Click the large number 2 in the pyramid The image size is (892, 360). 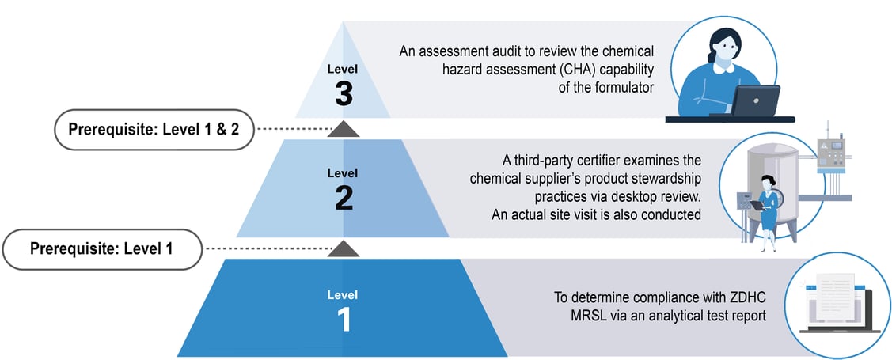coord(343,197)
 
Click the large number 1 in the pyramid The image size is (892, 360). coord(343,319)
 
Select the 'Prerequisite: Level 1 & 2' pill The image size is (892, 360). coord(154,130)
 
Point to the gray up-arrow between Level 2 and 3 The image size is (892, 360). coord(343,128)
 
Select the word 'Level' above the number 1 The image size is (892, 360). coord(343,295)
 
